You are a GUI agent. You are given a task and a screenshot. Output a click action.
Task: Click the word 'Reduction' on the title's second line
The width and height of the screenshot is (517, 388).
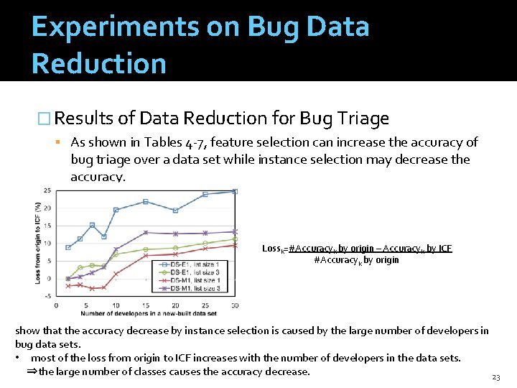tap(99, 63)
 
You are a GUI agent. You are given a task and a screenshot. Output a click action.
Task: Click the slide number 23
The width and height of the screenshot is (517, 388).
tap(495, 377)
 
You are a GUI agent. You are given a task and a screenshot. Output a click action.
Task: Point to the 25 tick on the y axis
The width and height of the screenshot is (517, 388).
tap(47, 190)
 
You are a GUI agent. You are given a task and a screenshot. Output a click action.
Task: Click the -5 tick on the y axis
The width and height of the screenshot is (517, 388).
tap(47, 296)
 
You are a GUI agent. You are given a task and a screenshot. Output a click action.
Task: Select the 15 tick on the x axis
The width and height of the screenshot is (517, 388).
tap(145, 305)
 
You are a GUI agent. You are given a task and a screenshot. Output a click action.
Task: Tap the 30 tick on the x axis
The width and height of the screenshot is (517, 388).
tap(235, 305)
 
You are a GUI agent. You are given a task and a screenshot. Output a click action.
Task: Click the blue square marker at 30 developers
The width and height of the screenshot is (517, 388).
tap(235, 192)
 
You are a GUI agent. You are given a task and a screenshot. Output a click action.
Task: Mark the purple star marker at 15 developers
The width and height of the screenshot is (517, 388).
tap(146, 232)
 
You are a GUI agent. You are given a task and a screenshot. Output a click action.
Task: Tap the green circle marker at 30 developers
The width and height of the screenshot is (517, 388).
tap(235, 239)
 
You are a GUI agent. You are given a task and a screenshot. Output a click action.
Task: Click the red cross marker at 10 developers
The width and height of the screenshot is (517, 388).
tap(116, 273)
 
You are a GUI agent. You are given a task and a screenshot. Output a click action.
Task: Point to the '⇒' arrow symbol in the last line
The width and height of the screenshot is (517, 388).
tap(32, 371)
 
